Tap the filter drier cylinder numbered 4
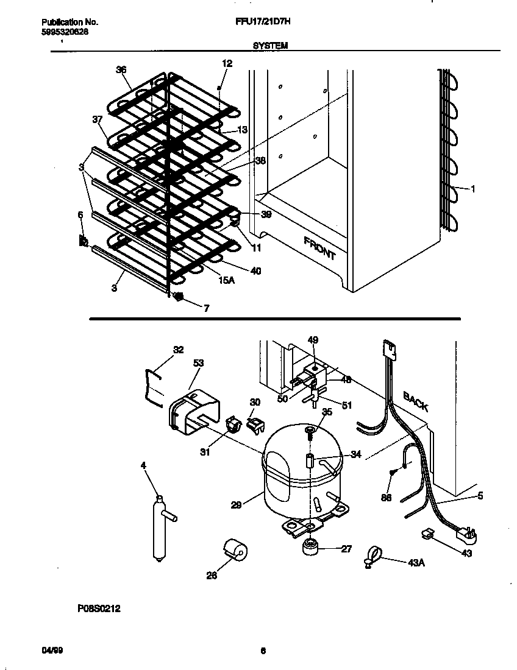tap(159, 527)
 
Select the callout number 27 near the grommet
tap(346, 549)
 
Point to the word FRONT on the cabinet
tap(319, 248)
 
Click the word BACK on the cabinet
tap(415, 402)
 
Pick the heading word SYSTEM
tap(269, 45)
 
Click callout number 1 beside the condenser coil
tap(472, 189)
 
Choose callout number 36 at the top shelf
tap(121, 69)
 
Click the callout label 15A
tap(226, 280)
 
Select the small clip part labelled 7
tap(179, 297)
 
